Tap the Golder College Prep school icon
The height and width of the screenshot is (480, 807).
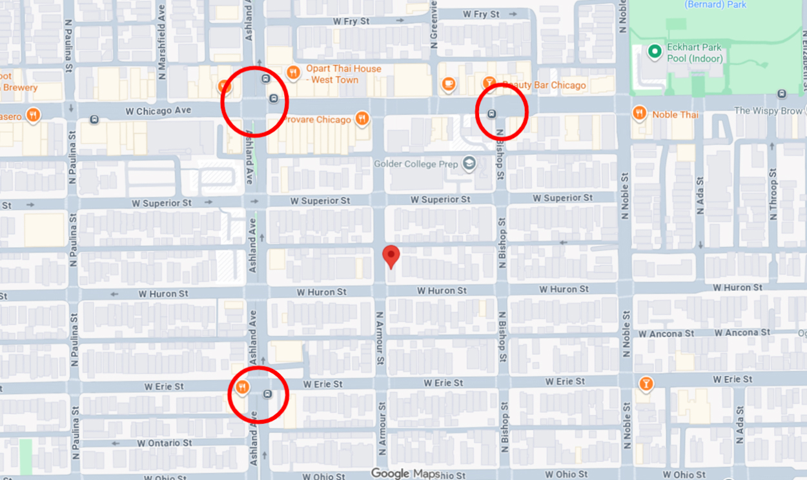pos(469,164)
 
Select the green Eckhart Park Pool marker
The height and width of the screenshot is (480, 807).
pos(655,51)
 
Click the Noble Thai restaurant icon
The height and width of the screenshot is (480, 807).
pos(640,114)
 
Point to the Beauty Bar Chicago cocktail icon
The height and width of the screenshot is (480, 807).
pos(490,83)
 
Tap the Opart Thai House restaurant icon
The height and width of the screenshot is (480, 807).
pos(293,73)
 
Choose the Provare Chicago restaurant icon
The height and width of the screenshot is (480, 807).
pos(362,118)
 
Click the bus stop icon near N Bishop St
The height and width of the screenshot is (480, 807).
pos(492,114)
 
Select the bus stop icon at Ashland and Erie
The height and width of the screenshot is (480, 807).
pos(267,394)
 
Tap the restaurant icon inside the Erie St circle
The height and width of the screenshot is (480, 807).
pos(242,387)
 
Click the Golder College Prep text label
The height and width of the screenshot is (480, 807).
pos(416,164)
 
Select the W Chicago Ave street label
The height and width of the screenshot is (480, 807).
pos(158,111)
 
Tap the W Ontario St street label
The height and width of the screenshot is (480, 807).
pos(164,443)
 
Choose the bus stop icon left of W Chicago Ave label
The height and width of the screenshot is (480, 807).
pos(95,119)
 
